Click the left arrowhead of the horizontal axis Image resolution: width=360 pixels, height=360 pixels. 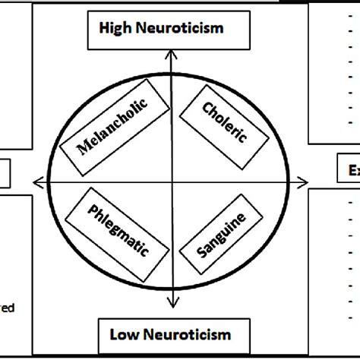coord(35,181)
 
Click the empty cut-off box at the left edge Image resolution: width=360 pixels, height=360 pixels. coord(5,172)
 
